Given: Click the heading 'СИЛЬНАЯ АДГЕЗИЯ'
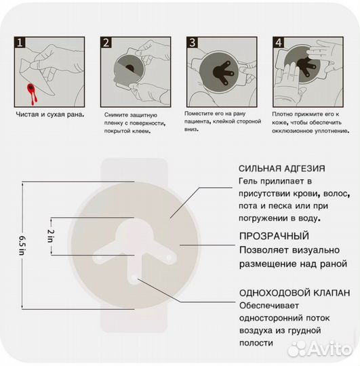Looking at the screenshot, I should [x=281, y=169].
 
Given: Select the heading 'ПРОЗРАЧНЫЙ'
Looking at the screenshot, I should [x=273, y=237].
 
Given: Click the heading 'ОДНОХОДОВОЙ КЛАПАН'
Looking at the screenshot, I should [x=294, y=293].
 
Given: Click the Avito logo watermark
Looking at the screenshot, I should [x=317, y=349].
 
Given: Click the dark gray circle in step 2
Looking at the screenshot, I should [x=128, y=68].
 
